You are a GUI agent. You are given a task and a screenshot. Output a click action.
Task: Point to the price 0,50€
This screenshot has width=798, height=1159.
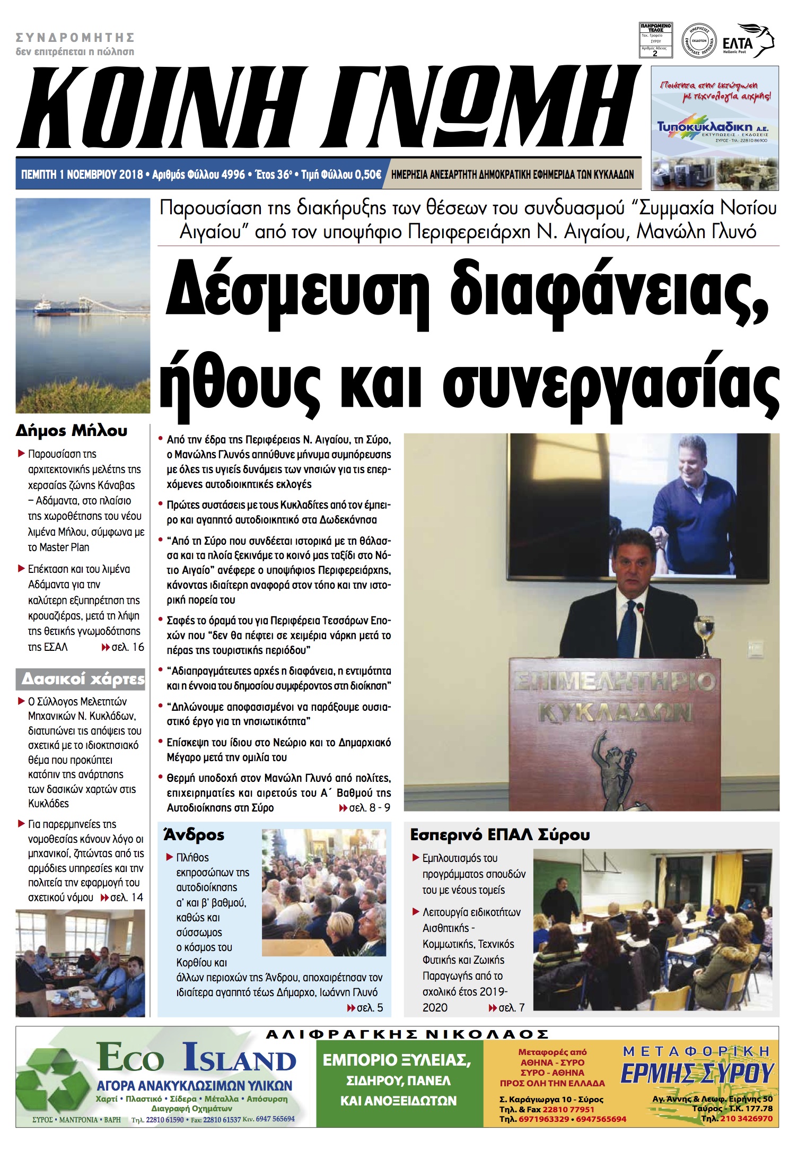pos(367,175)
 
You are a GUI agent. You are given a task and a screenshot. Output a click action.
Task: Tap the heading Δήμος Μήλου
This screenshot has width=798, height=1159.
pos(72,430)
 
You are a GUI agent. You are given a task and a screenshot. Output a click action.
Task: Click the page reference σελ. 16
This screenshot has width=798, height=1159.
pos(127,647)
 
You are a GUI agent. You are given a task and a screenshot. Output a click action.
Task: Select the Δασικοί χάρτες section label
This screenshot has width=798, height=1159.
pos(83,679)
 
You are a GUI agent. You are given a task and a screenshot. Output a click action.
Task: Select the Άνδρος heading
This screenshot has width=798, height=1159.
pos(194,835)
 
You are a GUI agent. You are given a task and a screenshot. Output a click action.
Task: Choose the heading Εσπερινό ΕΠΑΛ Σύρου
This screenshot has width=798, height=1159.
pos(499,835)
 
